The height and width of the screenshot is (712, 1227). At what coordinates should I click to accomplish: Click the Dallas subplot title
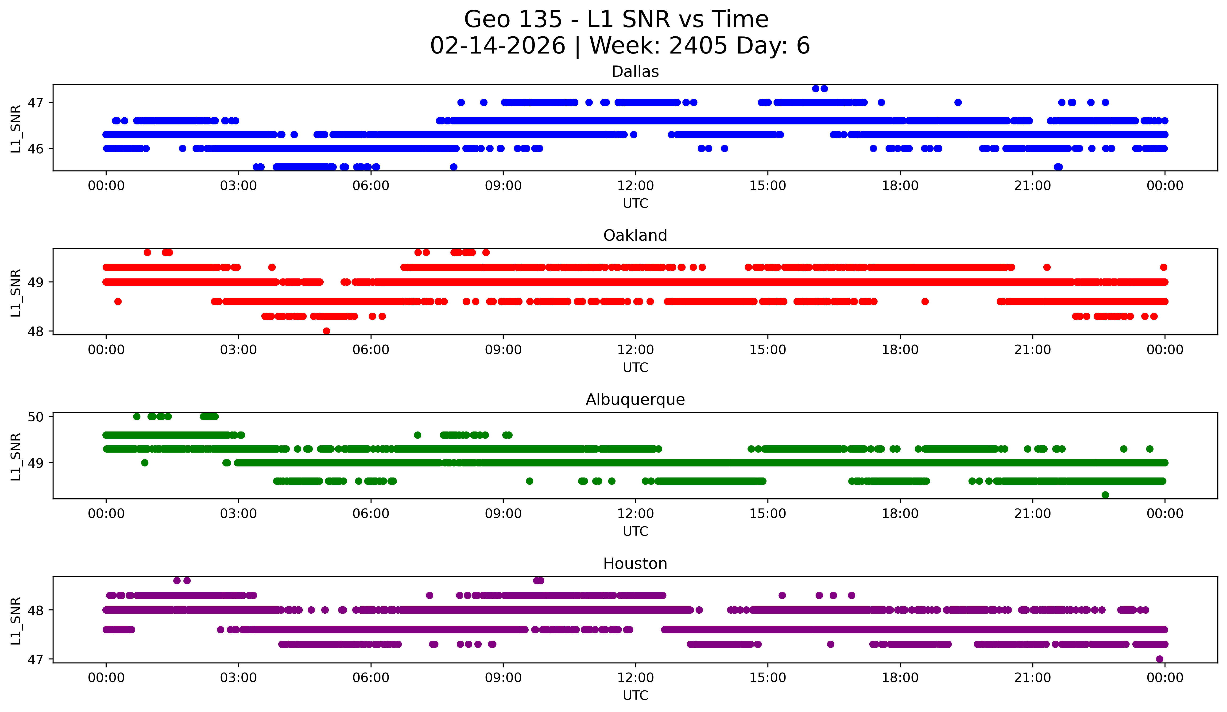click(635, 72)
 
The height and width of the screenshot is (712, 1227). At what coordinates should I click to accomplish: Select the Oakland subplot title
click(635, 235)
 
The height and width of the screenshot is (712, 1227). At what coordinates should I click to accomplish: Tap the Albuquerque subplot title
click(635, 400)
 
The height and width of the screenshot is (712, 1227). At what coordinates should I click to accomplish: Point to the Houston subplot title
click(635, 564)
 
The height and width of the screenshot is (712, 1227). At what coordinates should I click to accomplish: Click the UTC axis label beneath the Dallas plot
click(635, 204)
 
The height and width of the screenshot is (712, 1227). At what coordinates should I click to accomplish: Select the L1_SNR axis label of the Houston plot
click(15, 621)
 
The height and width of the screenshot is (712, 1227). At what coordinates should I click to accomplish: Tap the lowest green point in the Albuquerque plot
click(1105, 495)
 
